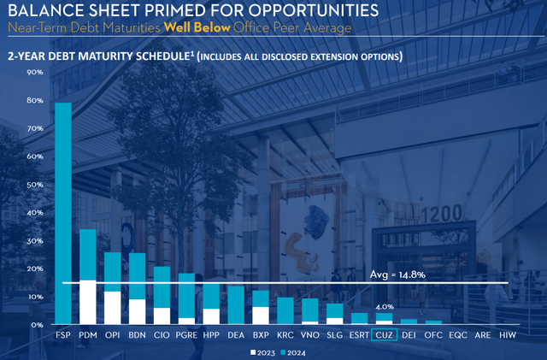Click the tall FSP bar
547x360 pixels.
coord(63,214)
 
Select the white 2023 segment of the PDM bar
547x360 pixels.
coord(87,303)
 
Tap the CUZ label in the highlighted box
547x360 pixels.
coord(385,336)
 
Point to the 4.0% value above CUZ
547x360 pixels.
coord(385,306)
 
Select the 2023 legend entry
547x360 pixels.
coord(262,352)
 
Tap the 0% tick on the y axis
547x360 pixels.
coord(38,325)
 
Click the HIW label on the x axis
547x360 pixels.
coord(507,336)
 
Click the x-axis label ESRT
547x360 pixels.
coord(360,336)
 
